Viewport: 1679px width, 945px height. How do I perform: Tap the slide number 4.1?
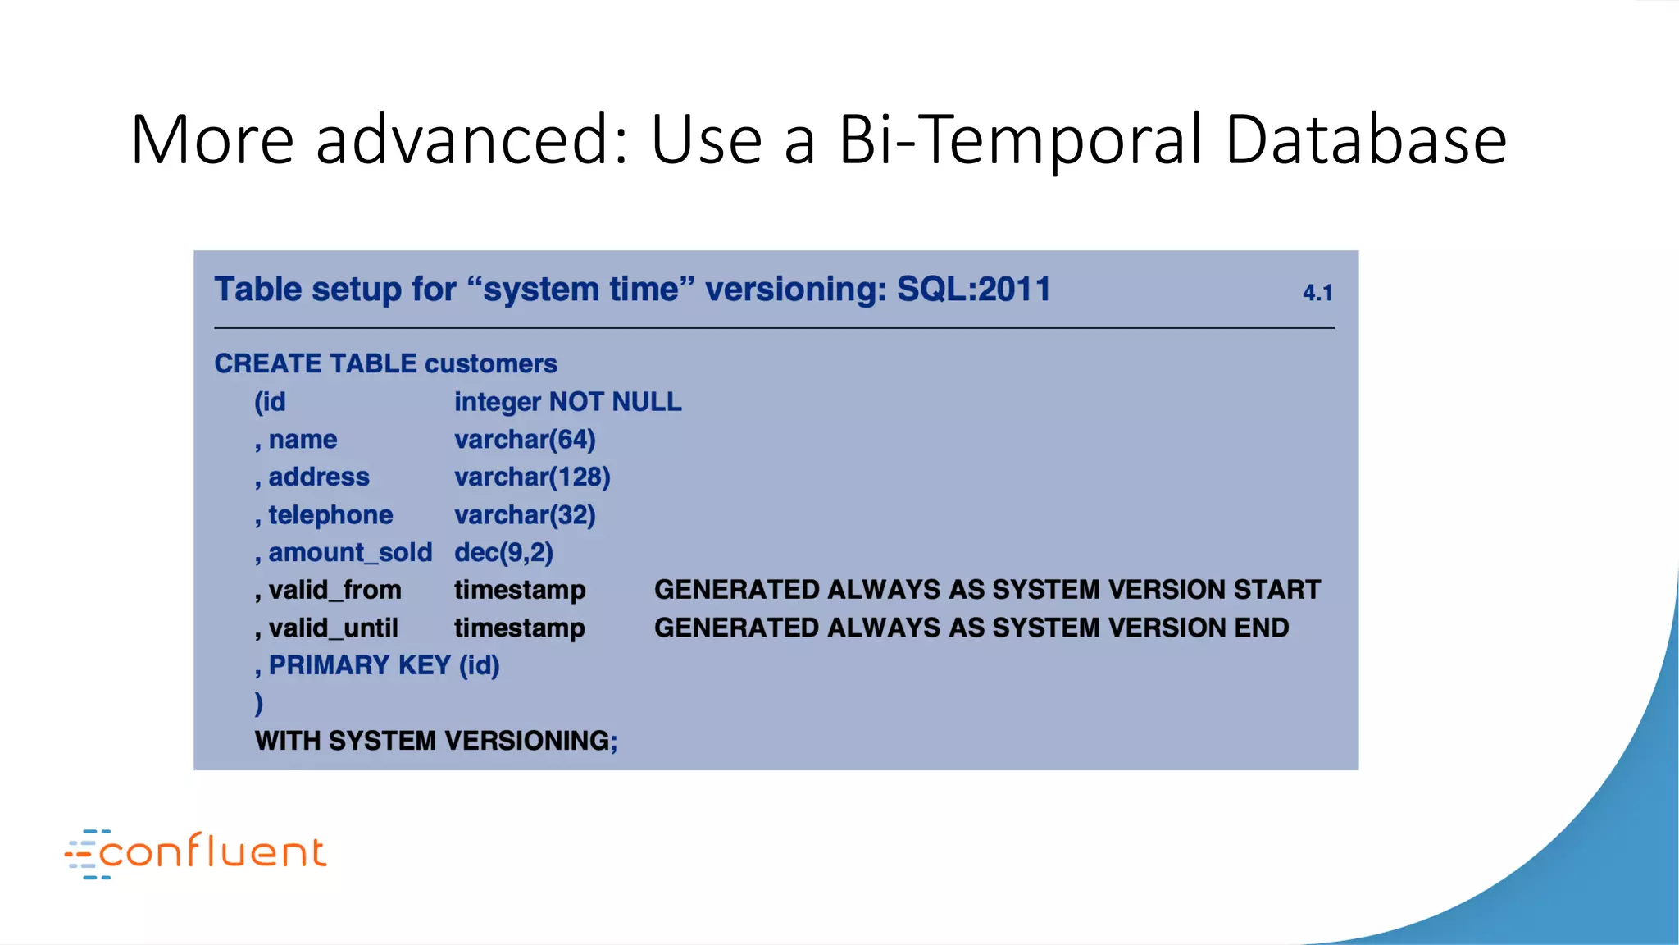click(x=1317, y=293)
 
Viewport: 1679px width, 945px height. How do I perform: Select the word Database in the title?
click(x=1365, y=140)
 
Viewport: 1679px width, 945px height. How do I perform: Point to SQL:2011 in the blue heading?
click(x=973, y=290)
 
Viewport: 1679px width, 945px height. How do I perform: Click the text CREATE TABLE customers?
click(x=385, y=363)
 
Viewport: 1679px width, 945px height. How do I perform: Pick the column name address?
click(x=318, y=477)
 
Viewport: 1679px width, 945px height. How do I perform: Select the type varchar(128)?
click(x=532, y=477)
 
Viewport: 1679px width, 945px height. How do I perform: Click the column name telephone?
click(x=330, y=515)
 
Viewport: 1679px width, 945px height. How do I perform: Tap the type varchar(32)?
click(x=525, y=515)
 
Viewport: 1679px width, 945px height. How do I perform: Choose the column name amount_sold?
click(x=350, y=553)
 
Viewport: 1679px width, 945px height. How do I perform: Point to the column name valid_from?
click(x=334, y=590)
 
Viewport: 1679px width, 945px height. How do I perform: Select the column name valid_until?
click(x=333, y=628)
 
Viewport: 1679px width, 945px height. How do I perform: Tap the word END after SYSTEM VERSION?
click(x=1262, y=628)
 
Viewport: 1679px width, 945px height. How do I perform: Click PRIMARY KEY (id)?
click(x=384, y=665)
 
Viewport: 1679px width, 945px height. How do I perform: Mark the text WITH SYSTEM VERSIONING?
click(x=436, y=741)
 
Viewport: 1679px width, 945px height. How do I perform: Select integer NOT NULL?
click(x=567, y=402)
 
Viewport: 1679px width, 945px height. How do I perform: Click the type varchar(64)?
click(x=525, y=440)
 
